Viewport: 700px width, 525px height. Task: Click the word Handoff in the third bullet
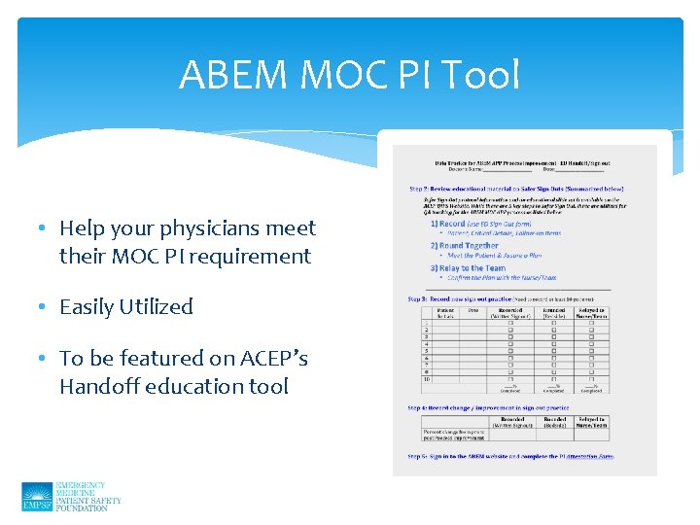[101, 386]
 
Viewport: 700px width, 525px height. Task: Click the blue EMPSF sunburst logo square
[36, 497]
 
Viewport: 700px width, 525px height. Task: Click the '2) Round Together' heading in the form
[464, 246]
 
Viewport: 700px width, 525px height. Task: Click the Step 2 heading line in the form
[515, 189]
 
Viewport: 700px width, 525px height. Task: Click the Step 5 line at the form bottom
[510, 456]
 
